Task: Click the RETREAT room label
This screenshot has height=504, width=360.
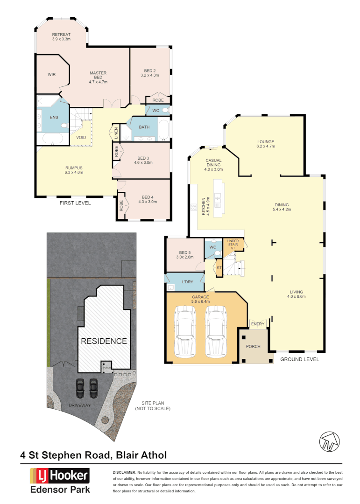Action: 61,37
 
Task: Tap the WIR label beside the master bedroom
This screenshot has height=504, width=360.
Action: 51,74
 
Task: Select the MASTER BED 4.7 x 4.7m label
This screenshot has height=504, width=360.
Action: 98,77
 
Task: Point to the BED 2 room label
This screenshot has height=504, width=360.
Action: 150,72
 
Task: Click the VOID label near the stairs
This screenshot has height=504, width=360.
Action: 81,138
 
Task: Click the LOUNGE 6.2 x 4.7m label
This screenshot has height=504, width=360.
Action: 265,144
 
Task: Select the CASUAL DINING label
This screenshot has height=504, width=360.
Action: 213,164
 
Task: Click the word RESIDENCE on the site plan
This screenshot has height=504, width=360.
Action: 104,341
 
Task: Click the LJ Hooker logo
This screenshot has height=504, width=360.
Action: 59,476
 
